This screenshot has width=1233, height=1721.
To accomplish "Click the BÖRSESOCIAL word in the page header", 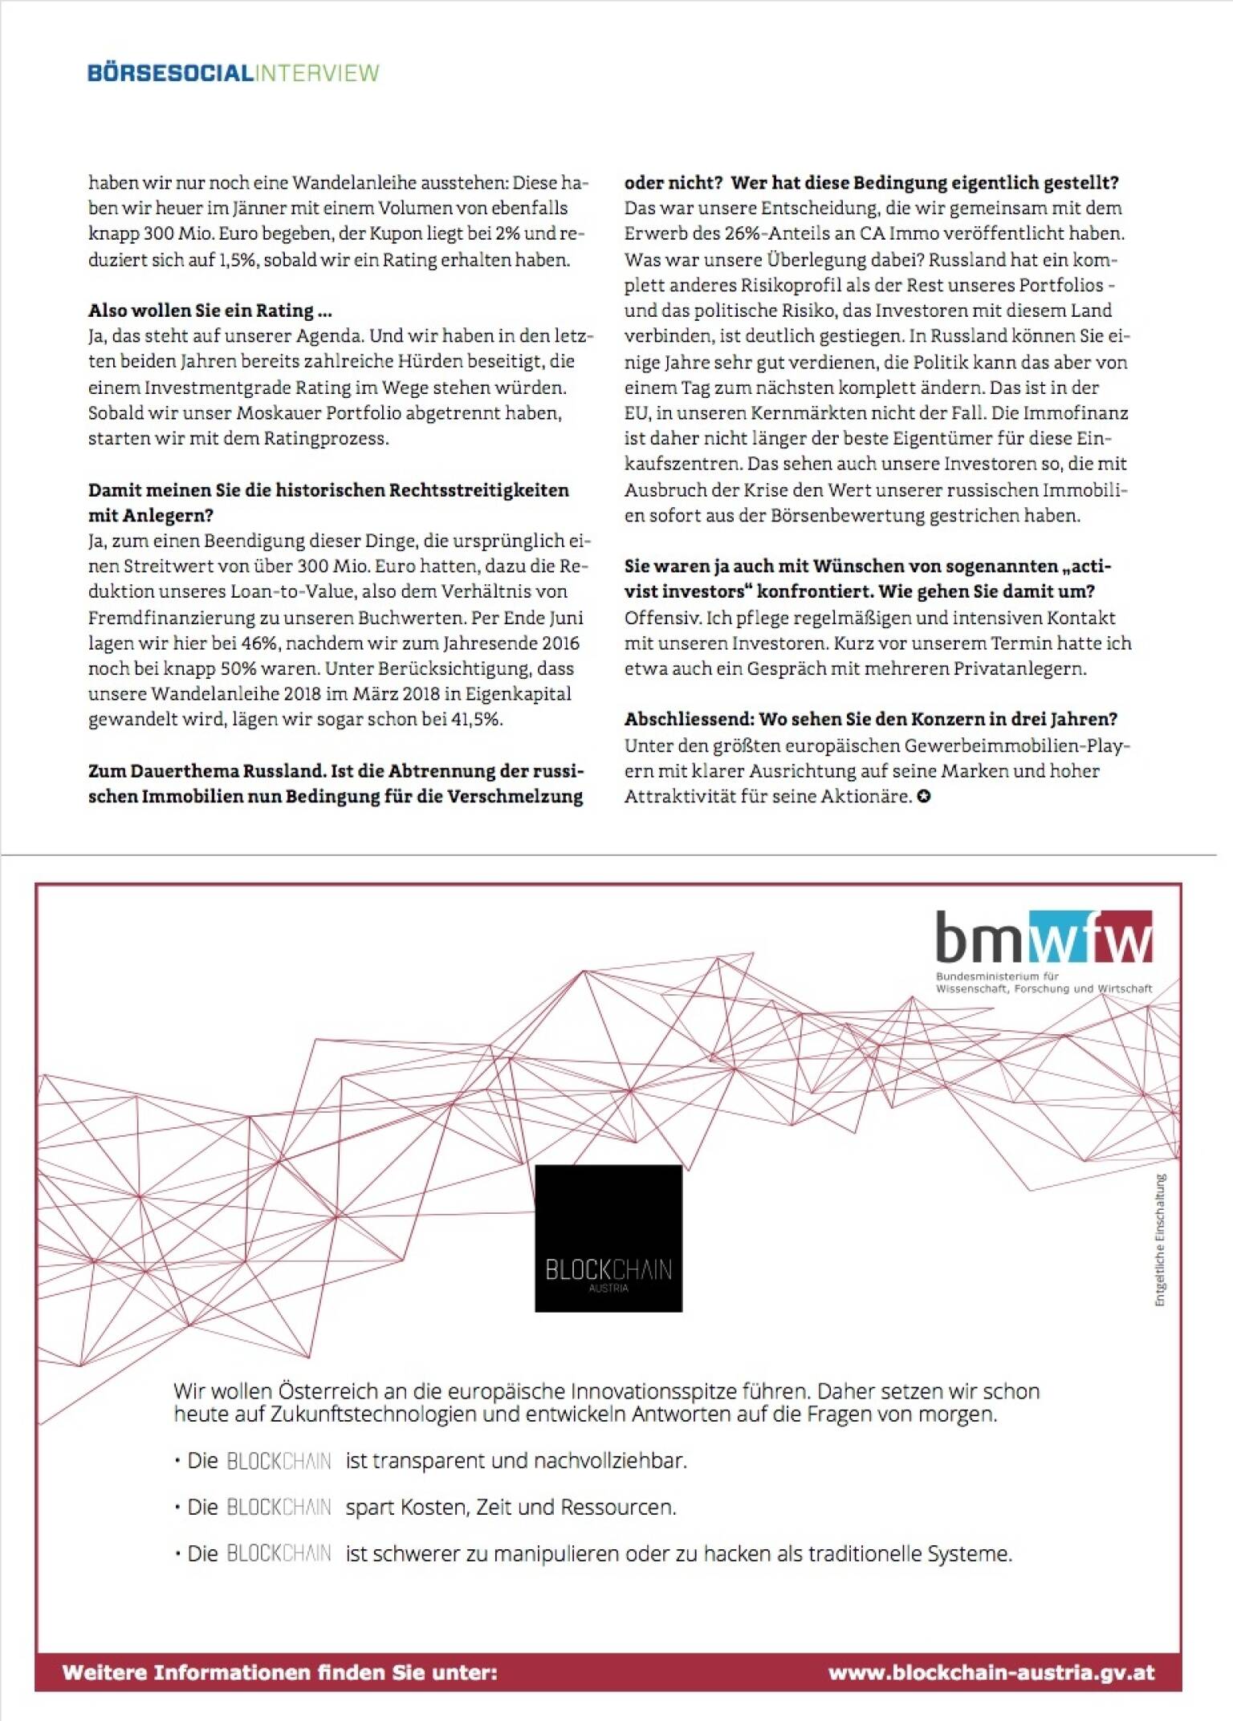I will click(170, 73).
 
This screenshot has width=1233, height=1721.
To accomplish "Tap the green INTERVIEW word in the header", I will click(317, 73).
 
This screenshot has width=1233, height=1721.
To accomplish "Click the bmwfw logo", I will click(1044, 937).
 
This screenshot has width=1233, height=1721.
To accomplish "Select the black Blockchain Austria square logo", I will click(608, 1238).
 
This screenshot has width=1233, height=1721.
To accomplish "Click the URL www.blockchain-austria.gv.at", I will click(991, 1672).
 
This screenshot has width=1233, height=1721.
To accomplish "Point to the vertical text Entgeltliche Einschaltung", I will click(1160, 1240).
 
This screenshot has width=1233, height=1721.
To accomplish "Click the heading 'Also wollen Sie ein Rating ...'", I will click(210, 311).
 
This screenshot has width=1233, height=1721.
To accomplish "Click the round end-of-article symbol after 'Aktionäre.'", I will click(924, 797).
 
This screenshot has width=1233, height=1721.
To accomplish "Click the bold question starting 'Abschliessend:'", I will click(871, 720).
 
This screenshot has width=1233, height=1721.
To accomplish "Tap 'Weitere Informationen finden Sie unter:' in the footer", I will click(280, 1672).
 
